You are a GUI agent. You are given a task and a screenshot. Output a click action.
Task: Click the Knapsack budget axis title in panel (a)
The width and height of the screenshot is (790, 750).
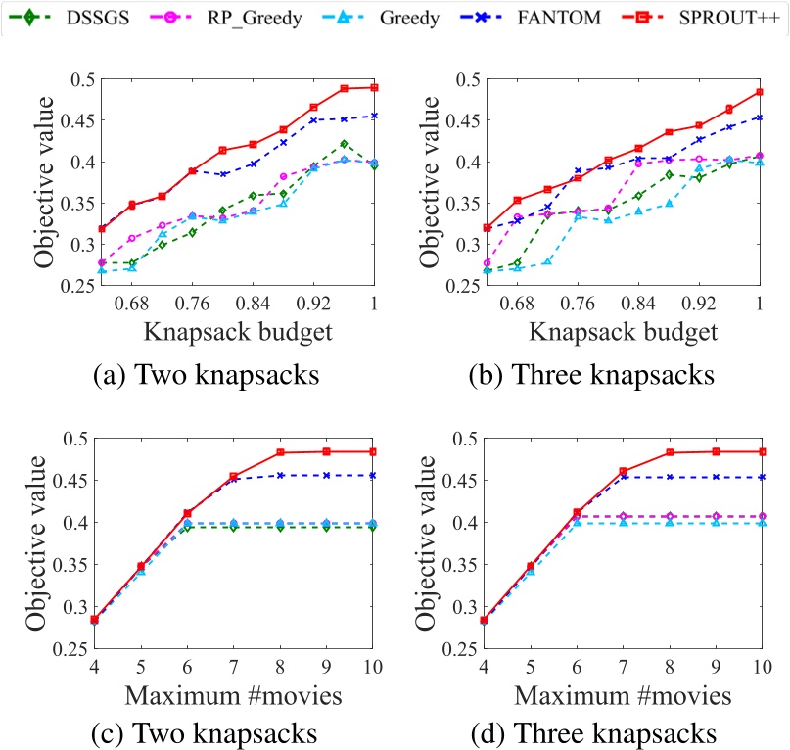(238, 330)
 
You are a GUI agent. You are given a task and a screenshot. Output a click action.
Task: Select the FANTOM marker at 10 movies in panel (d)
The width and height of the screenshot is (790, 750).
(760, 477)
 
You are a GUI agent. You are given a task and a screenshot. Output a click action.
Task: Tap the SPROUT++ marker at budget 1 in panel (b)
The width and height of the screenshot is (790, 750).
(760, 93)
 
